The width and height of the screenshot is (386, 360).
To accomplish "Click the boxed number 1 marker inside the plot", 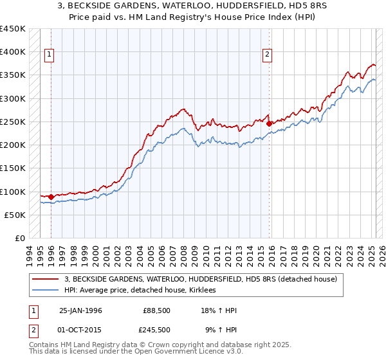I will coord(50,55).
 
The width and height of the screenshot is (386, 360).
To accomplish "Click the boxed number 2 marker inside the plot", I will coord(267,55).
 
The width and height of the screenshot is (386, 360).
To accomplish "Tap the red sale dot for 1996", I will coord(51,197).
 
